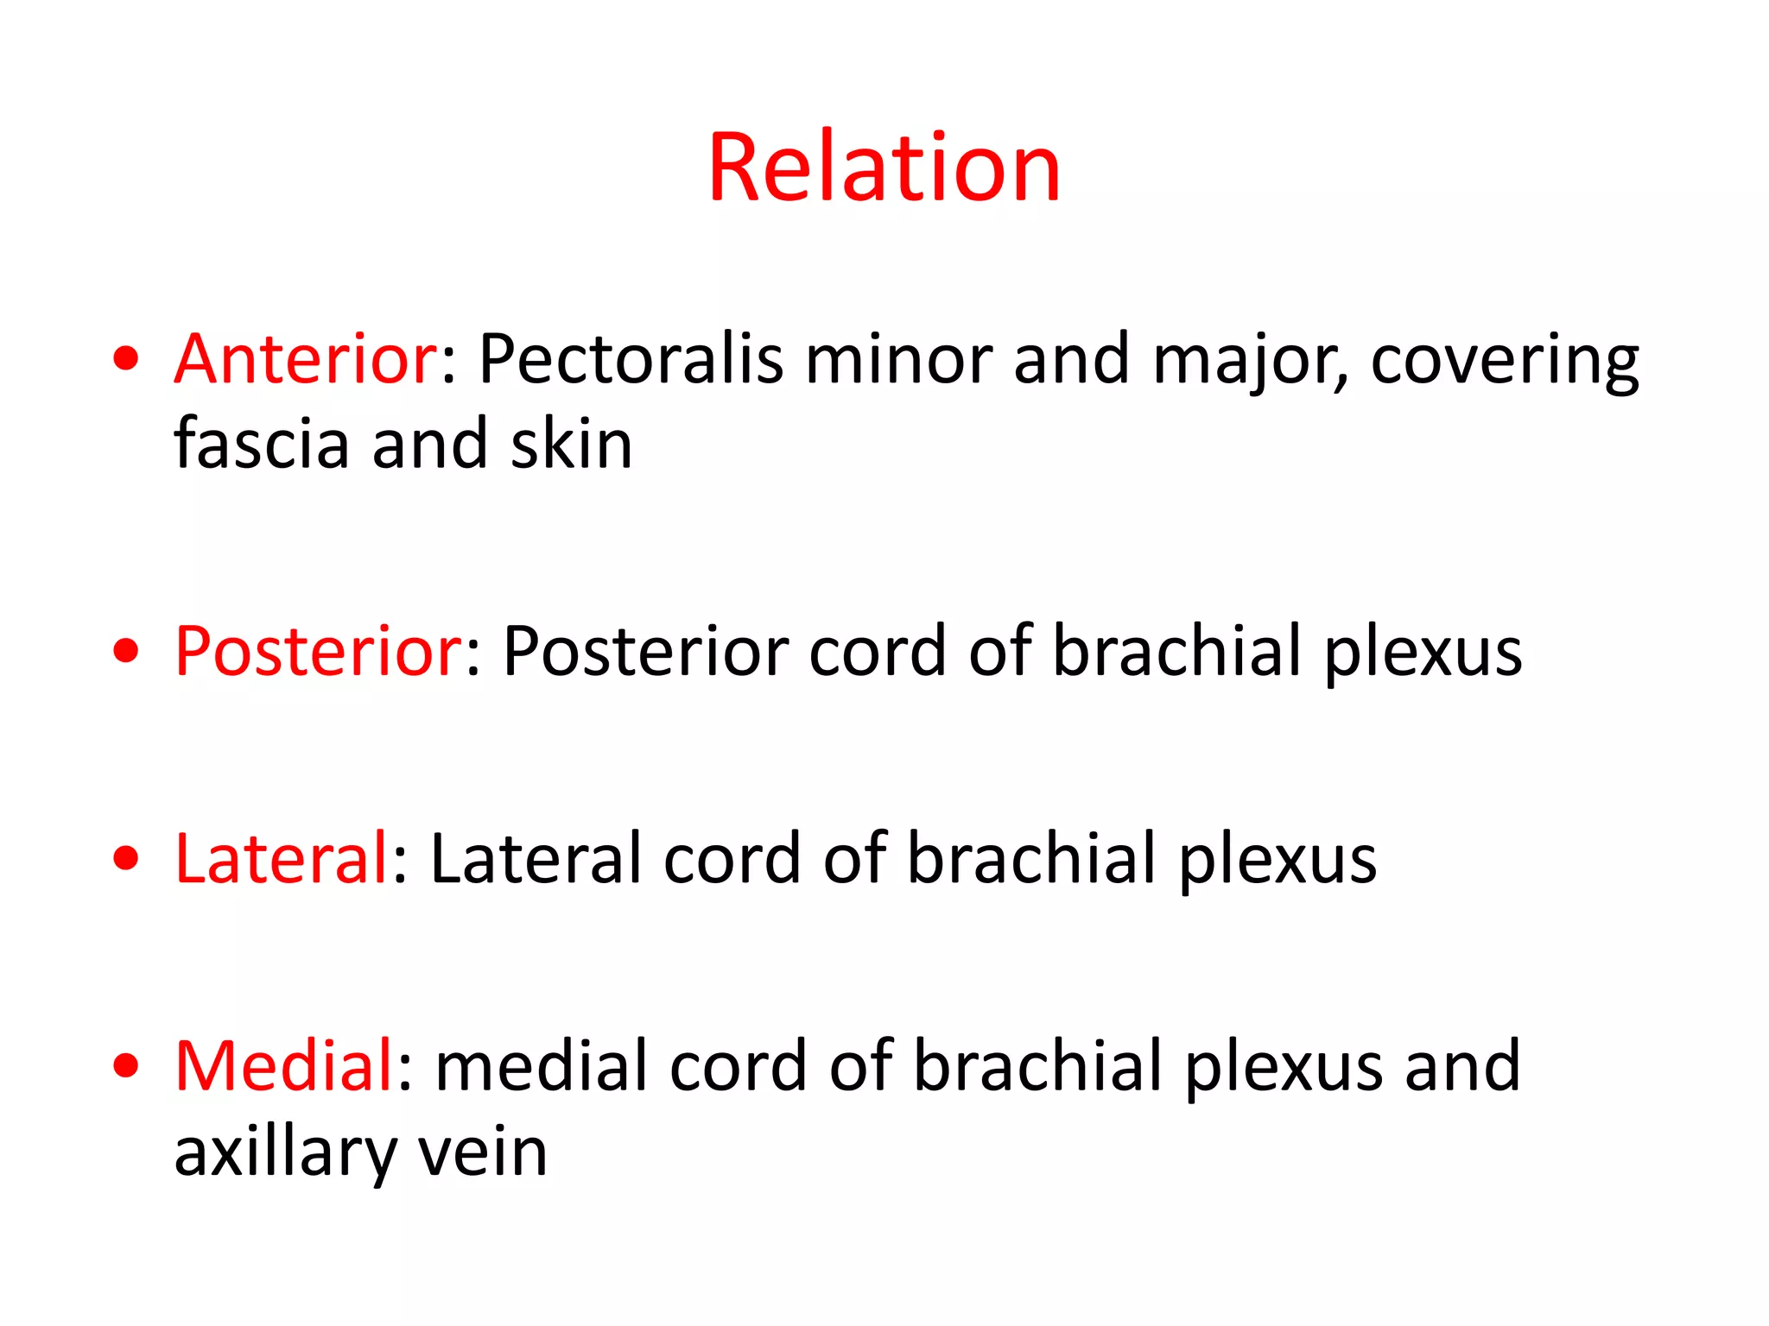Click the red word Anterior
307,359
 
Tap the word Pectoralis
631,359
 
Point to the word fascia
261,444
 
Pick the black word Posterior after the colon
644,652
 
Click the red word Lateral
282,859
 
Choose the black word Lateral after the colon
536,859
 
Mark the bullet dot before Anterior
126,358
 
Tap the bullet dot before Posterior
126,652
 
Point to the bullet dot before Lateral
126,859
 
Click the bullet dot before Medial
126,1066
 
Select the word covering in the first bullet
1504,361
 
